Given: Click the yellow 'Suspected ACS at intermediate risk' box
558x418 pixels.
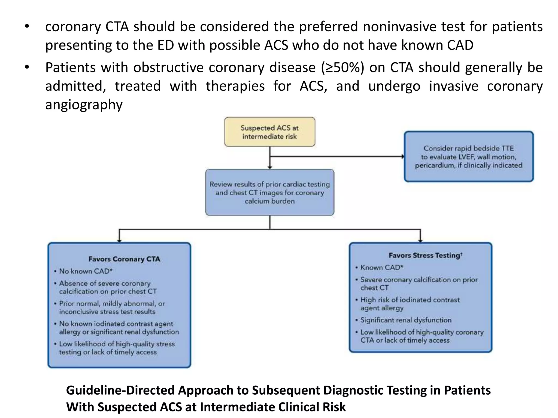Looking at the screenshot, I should click(269, 132).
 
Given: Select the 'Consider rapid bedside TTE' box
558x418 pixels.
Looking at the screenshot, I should click(469, 157).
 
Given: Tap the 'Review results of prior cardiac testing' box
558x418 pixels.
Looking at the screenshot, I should click(269, 192).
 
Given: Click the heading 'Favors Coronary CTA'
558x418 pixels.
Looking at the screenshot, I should click(124, 259).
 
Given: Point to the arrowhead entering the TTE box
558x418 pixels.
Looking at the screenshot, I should click(402, 156).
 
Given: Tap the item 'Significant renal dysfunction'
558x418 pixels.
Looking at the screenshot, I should click(406, 320).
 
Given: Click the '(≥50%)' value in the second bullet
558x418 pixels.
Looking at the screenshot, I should click(342, 67).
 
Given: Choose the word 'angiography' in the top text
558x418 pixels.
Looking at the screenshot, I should click(84, 105).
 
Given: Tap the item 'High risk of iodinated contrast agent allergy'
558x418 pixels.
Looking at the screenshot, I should click(410, 304).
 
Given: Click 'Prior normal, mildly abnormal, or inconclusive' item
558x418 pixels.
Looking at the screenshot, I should click(112, 308).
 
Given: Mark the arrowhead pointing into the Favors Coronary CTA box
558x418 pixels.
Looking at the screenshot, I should click(119, 240).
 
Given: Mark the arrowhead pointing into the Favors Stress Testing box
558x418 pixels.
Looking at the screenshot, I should click(420, 240).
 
